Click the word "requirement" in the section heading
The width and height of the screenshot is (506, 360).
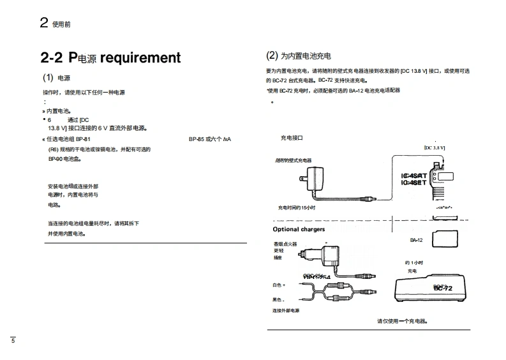[x=140, y=58]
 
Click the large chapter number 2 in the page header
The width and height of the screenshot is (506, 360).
[x=44, y=23]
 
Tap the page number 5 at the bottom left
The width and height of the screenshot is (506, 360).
[x=12, y=340]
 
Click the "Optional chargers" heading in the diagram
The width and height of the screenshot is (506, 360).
[x=299, y=229]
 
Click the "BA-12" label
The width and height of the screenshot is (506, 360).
[x=417, y=241]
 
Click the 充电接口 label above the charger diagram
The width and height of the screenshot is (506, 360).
[x=292, y=138]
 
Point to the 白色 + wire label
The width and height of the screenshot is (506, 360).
[x=279, y=285]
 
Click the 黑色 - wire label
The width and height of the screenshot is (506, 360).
[x=279, y=299]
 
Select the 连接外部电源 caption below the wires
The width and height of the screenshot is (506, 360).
[x=286, y=311]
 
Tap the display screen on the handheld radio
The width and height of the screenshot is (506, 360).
[x=445, y=175]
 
